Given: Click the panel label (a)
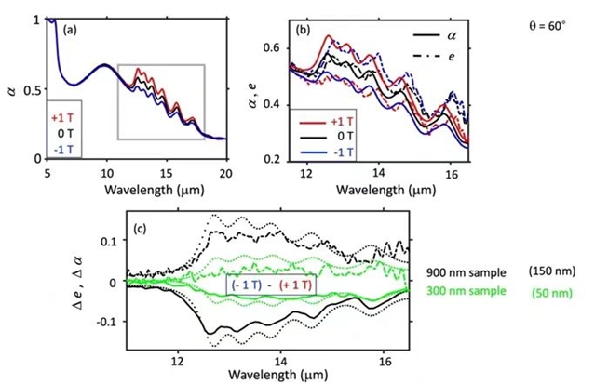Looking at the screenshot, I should tap(71, 31).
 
